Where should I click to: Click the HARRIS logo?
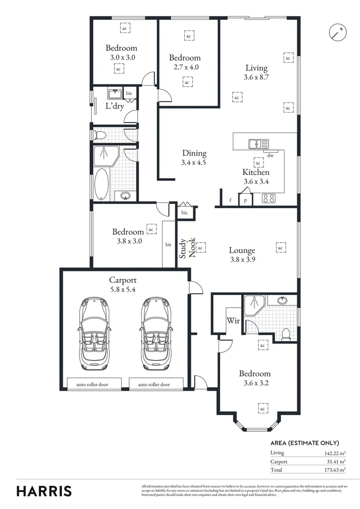click(x=44, y=491)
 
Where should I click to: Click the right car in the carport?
click(x=157, y=334)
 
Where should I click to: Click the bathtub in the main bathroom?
click(x=102, y=184)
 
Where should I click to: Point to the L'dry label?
click(x=115, y=106)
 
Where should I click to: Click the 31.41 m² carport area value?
click(x=335, y=461)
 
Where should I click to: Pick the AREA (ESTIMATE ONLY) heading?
click(x=304, y=443)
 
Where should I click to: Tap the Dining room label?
click(x=194, y=153)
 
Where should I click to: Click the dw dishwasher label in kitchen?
click(x=270, y=156)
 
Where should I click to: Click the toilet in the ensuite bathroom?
click(x=285, y=334)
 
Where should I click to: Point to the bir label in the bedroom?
click(x=168, y=245)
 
